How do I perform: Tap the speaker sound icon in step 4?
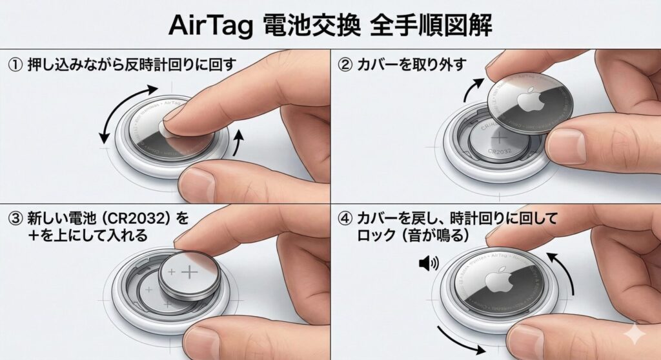429,263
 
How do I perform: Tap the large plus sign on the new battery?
188,272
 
